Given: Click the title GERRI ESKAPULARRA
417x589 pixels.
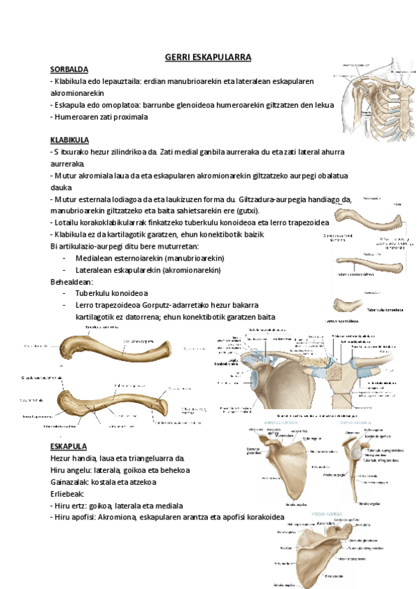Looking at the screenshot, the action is [208, 56].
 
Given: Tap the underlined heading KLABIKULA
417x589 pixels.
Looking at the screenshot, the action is [70, 140].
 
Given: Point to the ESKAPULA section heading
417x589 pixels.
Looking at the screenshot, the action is [69, 446].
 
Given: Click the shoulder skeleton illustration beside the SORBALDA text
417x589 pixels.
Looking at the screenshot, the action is [372, 97].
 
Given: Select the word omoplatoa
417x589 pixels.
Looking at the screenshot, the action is [121, 105].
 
